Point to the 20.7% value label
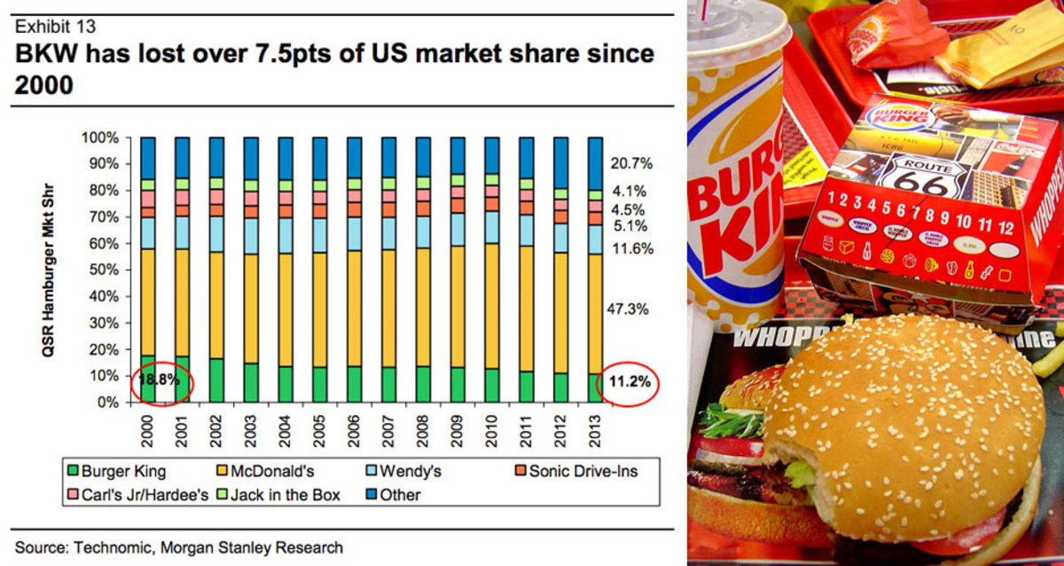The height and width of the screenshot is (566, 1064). pyautogui.click(x=630, y=163)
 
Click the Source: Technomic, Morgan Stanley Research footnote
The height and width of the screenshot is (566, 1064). pyautogui.click(x=178, y=547)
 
